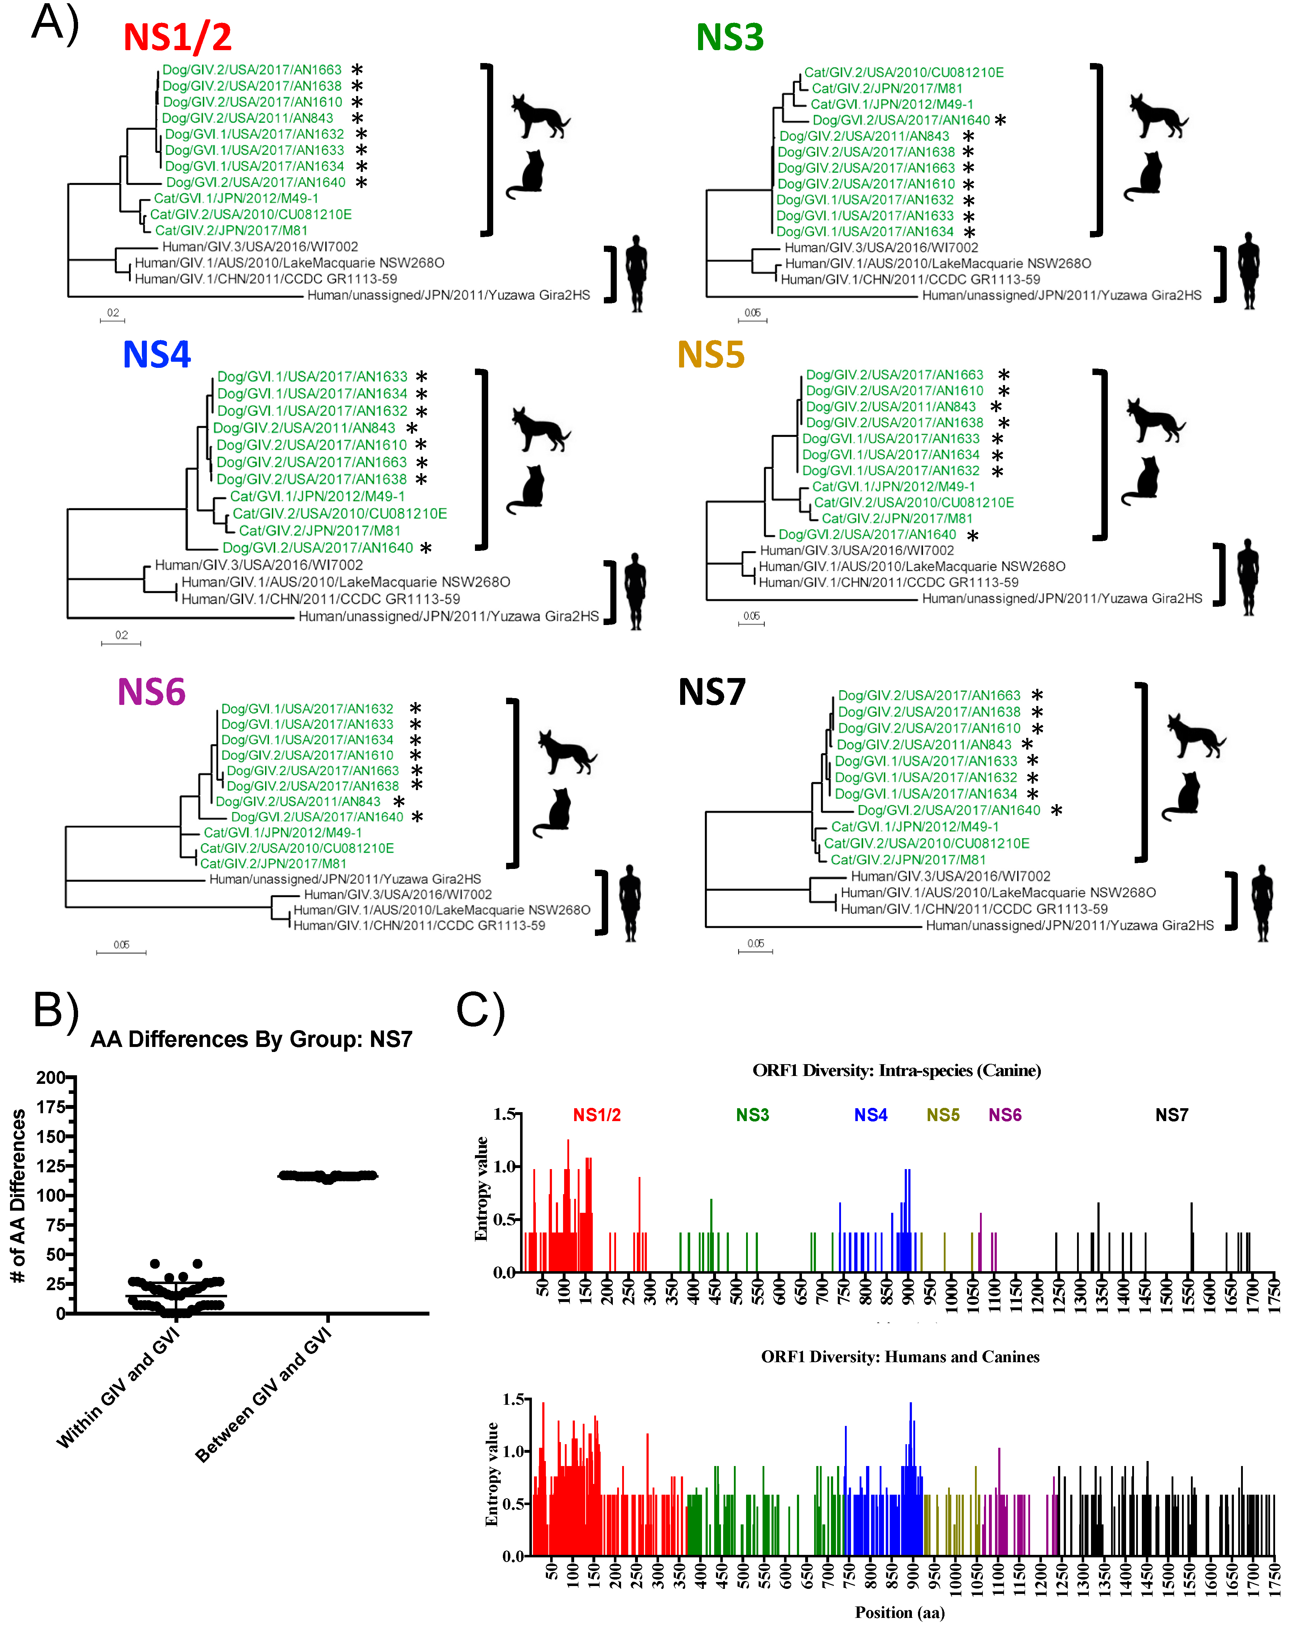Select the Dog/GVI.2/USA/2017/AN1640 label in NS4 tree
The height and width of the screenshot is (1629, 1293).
click(317, 548)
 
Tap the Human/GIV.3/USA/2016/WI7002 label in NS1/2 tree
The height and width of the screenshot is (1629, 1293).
click(260, 246)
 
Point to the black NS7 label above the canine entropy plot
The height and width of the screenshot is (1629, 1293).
click(1171, 1115)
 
